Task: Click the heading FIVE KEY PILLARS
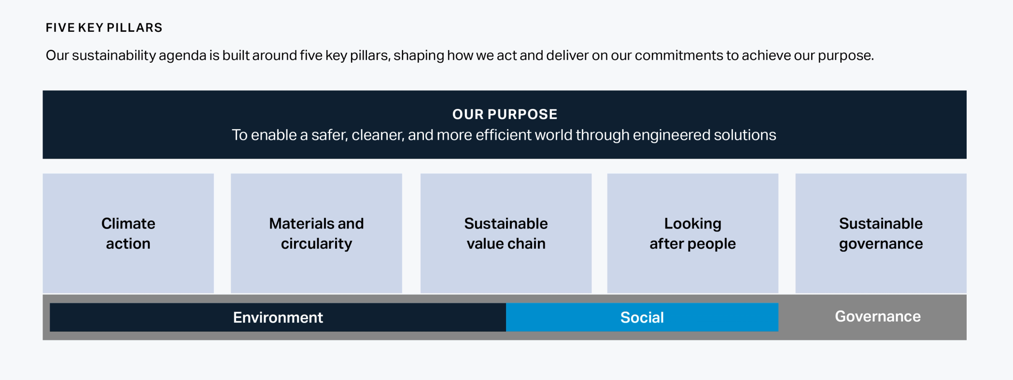pyautogui.click(x=104, y=28)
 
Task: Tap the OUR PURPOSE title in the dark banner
pyautogui.click(x=505, y=114)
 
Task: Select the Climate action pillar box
pyautogui.click(x=128, y=233)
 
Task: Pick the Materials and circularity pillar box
pyautogui.click(x=316, y=233)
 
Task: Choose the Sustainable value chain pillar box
pyautogui.click(x=506, y=233)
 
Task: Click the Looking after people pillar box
pyautogui.click(x=692, y=233)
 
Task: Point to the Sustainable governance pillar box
pyautogui.click(x=881, y=233)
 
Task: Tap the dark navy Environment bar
pyautogui.click(x=278, y=317)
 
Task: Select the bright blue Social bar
pyautogui.click(x=642, y=317)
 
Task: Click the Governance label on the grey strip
pyautogui.click(x=877, y=316)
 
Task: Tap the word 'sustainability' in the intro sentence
pyautogui.click(x=114, y=55)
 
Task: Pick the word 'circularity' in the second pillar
pyautogui.click(x=316, y=244)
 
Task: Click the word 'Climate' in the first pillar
pyautogui.click(x=128, y=224)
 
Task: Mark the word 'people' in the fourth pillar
pyautogui.click(x=712, y=244)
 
